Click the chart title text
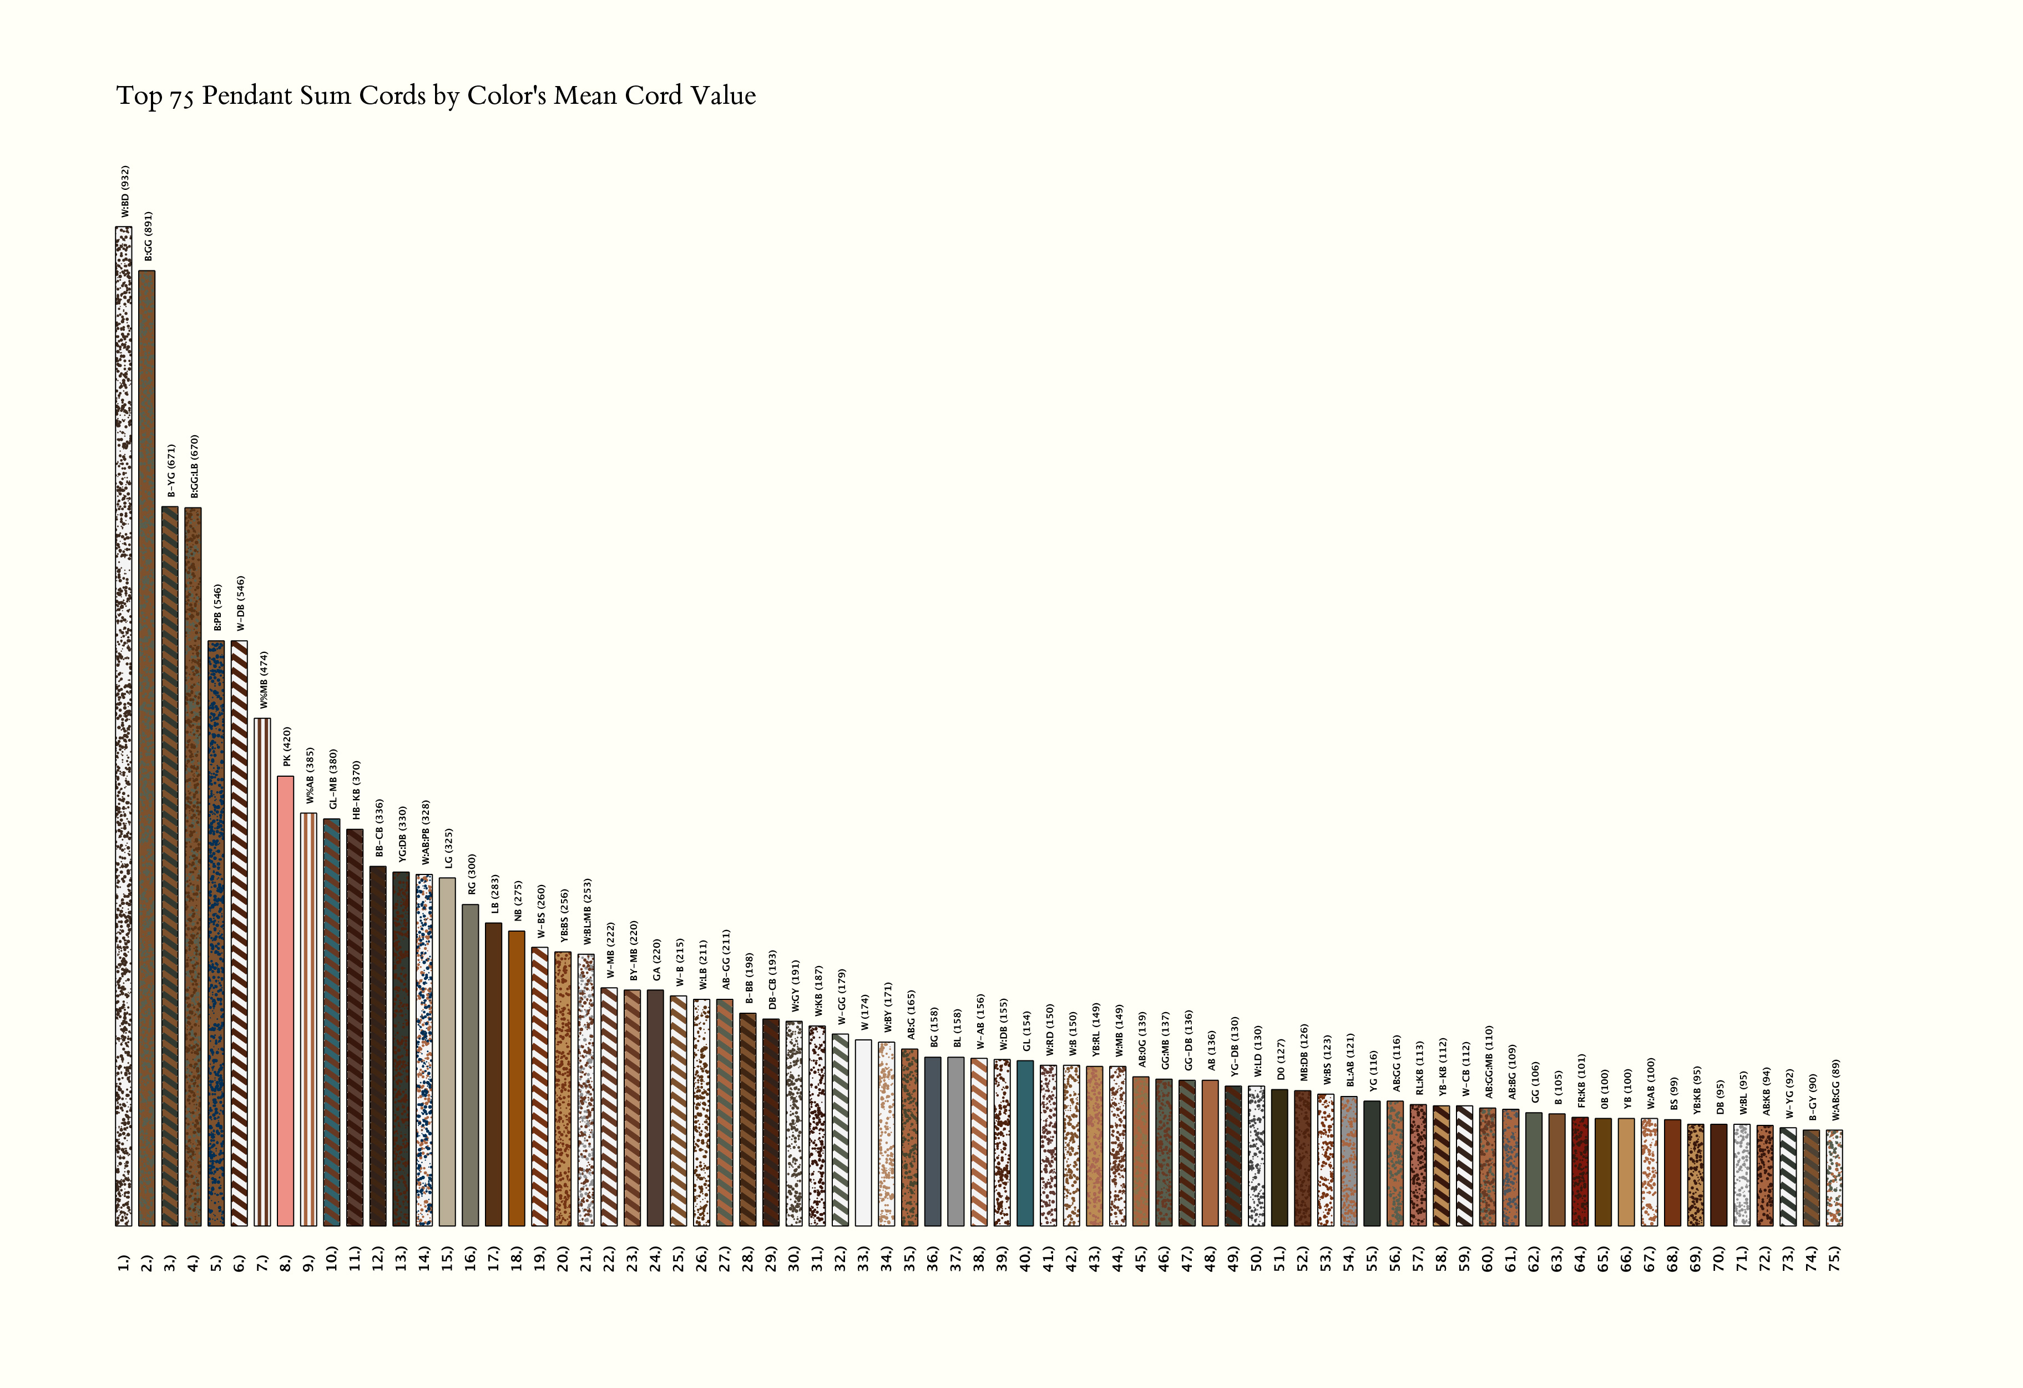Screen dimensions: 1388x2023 pos(435,96)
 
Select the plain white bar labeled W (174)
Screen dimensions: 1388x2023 pos(863,1132)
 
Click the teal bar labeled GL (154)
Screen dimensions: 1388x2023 pos(1025,1143)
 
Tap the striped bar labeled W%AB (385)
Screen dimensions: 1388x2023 pos(308,1019)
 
